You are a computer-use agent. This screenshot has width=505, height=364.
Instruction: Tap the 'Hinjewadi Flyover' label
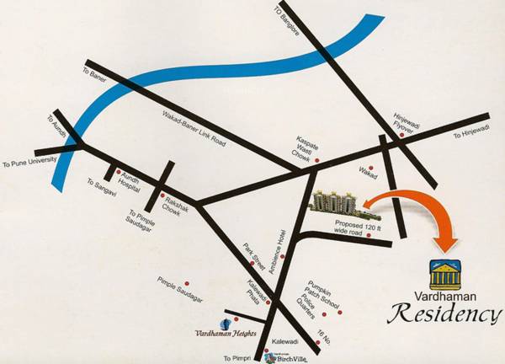coord(405,124)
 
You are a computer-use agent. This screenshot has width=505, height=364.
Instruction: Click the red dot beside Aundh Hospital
coord(119,169)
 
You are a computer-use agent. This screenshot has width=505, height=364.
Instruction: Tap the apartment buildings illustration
coord(336,201)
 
